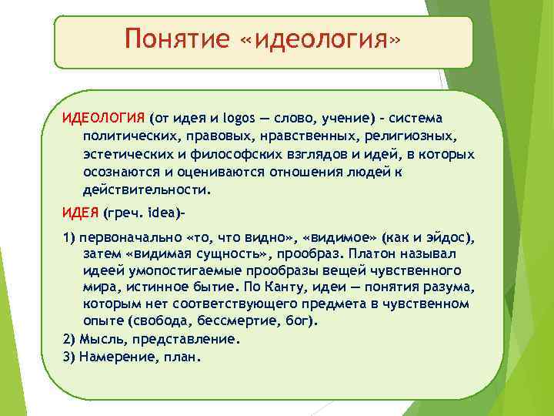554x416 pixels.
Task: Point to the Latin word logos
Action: coord(236,118)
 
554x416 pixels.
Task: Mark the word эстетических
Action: coord(124,153)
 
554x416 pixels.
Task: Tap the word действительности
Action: coord(145,189)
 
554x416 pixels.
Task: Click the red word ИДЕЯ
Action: coord(80,212)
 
